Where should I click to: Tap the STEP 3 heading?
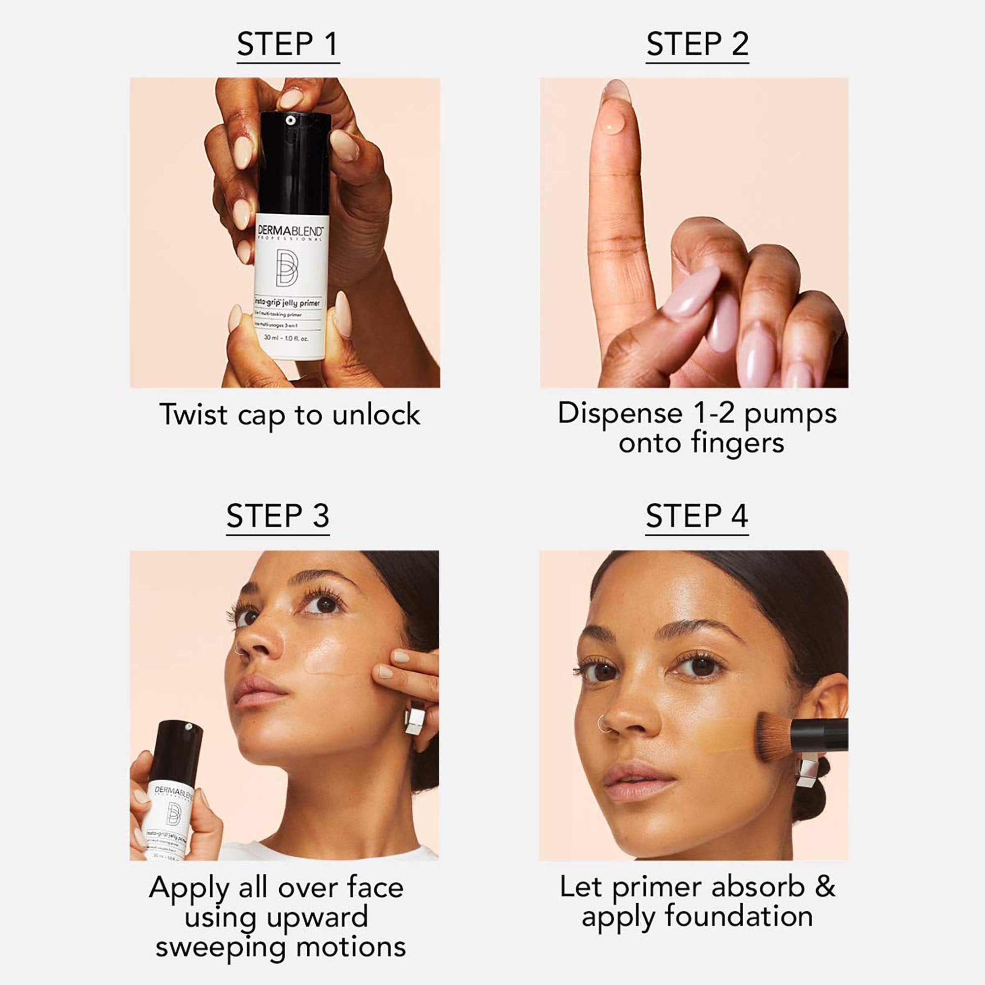(x=278, y=516)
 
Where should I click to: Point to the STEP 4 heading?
(x=696, y=516)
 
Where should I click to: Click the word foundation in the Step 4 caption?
(x=739, y=916)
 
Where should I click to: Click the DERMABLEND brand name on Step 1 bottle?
(x=290, y=230)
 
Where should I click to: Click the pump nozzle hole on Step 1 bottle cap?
(x=290, y=120)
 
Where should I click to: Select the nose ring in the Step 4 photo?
(x=603, y=724)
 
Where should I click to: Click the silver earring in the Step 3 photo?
(x=415, y=718)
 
